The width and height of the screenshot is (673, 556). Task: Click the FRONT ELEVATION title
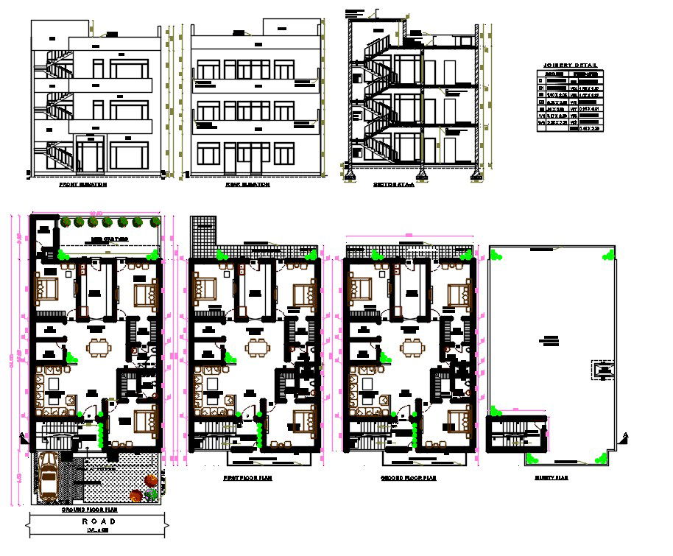coord(82,185)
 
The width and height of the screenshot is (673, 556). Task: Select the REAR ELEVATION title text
coord(247,185)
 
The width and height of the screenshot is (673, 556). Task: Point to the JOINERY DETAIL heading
coord(570,66)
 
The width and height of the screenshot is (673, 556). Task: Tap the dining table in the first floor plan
coord(256,346)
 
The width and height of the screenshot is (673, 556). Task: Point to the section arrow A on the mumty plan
coord(624,435)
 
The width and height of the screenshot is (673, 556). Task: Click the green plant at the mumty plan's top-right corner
coord(607,256)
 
